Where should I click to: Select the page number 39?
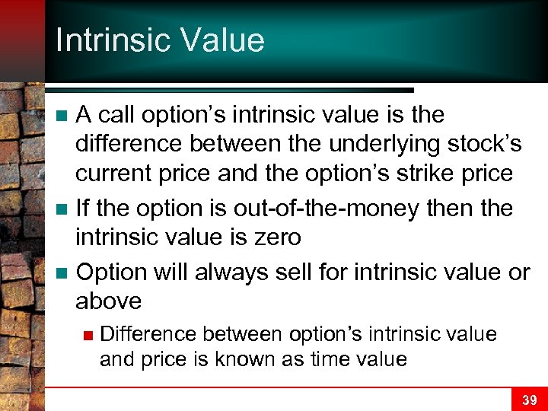[x=529, y=400]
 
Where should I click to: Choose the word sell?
[x=304, y=272]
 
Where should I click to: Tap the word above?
[x=108, y=301]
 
